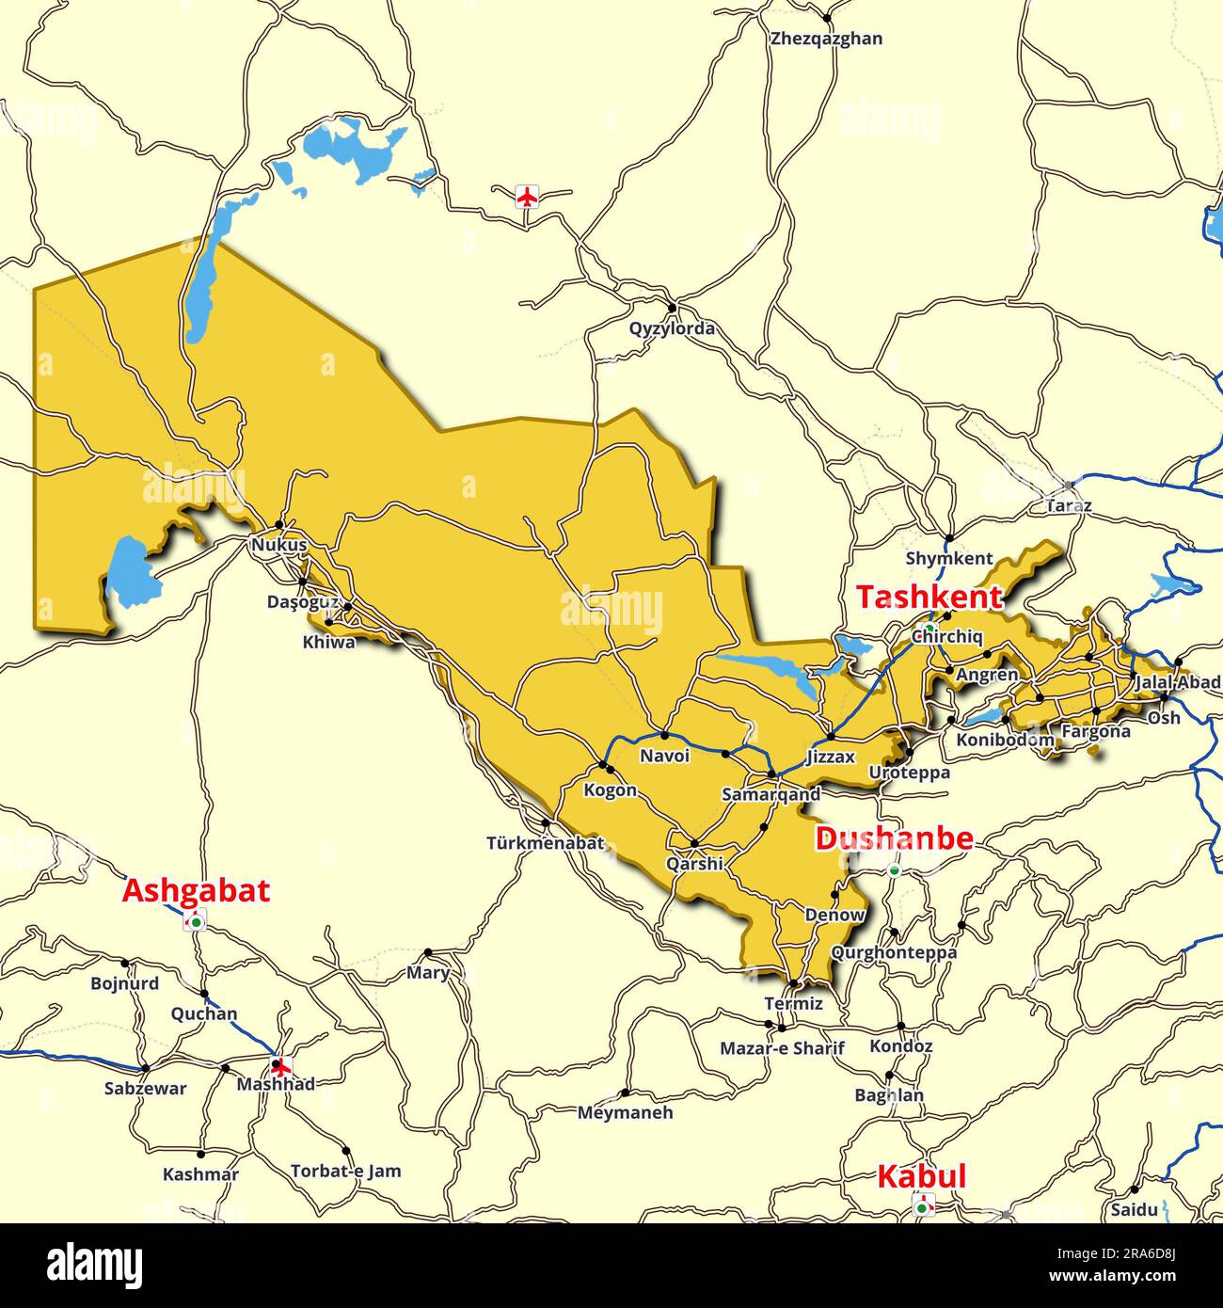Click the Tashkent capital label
click(929, 598)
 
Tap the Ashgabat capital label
click(196, 890)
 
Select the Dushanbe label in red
click(894, 838)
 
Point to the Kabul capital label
click(921, 1176)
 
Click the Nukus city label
click(278, 545)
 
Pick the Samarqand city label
click(770, 794)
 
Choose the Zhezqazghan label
click(826, 39)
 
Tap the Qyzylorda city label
click(672, 328)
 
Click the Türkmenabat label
click(545, 843)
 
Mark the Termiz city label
click(793, 1003)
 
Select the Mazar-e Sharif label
click(782, 1047)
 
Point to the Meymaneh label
click(625, 1112)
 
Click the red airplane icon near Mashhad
click(278, 1066)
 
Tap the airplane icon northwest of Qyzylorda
click(527, 197)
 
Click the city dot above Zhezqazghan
click(827, 18)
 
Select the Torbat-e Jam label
click(345, 1172)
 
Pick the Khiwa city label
click(328, 643)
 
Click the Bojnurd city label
click(124, 983)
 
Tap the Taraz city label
click(1069, 505)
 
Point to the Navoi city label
click(664, 756)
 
